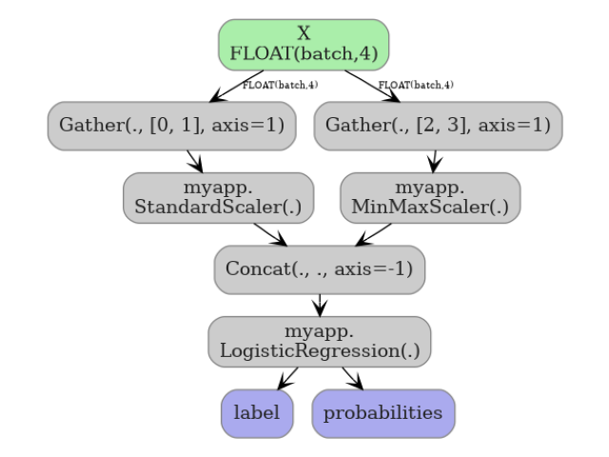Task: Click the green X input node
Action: [304, 45]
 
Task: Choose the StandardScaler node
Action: [218, 198]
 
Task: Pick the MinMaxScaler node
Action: [430, 198]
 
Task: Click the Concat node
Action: [319, 268]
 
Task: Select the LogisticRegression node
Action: [319, 341]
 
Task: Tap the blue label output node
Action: [257, 413]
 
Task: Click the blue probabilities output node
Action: [383, 413]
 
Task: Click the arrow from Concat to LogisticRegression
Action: [320, 305]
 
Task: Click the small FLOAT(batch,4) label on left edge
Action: [280, 86]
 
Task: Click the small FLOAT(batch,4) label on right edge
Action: [416, 86]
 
